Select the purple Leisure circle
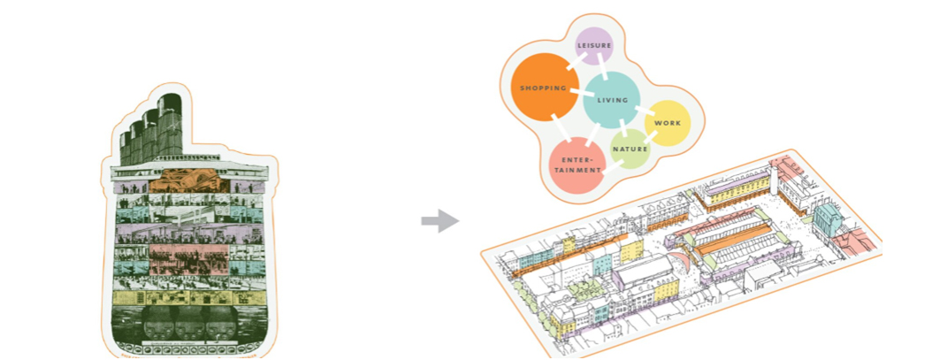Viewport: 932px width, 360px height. (594, 46)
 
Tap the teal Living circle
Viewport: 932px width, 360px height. (612, 100)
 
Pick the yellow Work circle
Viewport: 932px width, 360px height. (666, 123)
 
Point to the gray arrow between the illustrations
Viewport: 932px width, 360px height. (439, 221)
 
